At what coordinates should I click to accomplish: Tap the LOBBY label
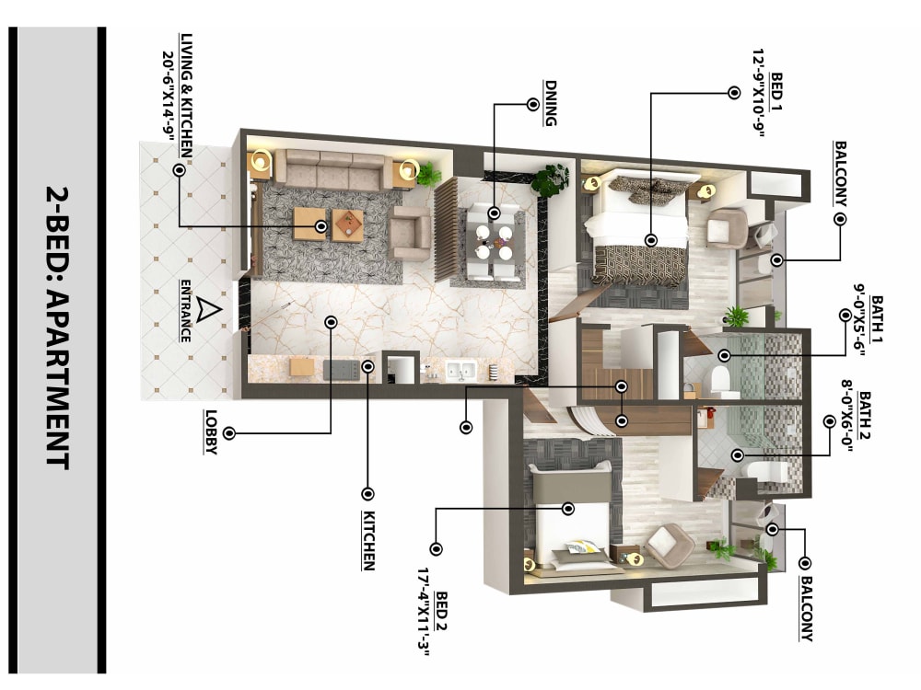tap(211, 432)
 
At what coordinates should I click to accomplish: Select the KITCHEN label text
tap(368, 540)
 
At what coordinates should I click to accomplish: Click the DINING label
tap(550, 104)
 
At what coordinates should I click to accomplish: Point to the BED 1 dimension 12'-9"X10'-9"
tap(760, 92)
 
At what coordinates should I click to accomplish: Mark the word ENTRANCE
tap(186, 310)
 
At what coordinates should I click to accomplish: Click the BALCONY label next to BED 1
tap(840, 174)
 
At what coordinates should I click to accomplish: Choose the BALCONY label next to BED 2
tap(806, 607)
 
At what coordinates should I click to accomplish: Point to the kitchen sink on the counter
tap(458, 370)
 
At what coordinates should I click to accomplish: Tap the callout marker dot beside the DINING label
tap(532, 104)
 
